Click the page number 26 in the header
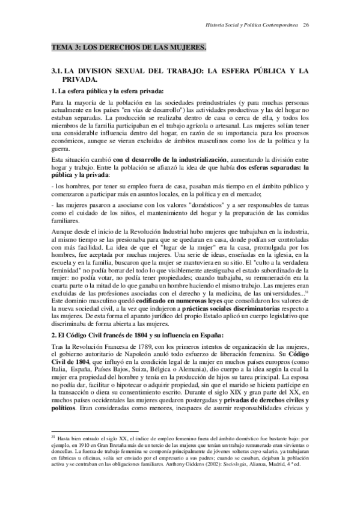click(307, 25)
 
